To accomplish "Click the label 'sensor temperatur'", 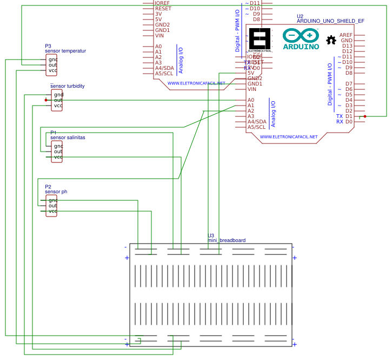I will click(x=65, y=51).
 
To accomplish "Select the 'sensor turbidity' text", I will click(x=67, y=86).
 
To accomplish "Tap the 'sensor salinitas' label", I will click(x=68, y=138).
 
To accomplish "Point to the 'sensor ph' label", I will click(x=56, y=192).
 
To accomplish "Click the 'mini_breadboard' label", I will click(x=227, y=240).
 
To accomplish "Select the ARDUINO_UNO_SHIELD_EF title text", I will click(x=330, y=21).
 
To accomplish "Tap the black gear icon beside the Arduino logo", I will click(x=331, y=40).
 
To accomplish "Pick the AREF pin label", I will click(x=346, y=35).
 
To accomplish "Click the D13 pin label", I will click(x=347, y=46).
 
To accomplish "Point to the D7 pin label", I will click(x=349, y=84).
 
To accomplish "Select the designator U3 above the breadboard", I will click(x=211, y=235).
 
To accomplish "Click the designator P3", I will click(x=48, y=46).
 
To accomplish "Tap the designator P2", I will click(x=48, y=187).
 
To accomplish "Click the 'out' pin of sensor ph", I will click(x=52, y=206).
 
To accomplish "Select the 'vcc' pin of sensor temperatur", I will click(x=52, y=70).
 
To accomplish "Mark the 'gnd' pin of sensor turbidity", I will click(x=58, y=95).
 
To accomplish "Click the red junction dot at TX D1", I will click(x=365, y=116).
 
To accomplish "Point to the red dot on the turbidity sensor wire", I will click(x=46, y=100).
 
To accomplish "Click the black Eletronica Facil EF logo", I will click(x=260, y=40).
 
